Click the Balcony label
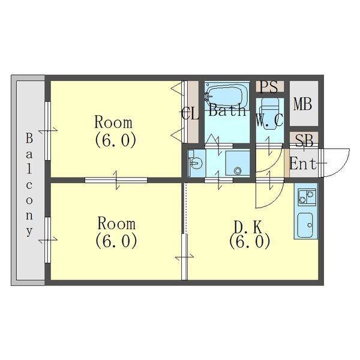click(x=29, y=185)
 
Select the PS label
click(x=269, y=87)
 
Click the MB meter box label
click(x=303, y=104)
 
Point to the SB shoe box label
click(x=304, y=141)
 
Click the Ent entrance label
click(x=302, y=164)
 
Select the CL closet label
click(x=190, y=114)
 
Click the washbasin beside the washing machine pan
click(x=196, y=163)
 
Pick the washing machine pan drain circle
click(x=238, y=170)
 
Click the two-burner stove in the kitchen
click(x=307, y=197)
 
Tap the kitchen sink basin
click(x=305, y=225)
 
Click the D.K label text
click(x=248, y=227)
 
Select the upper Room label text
click(x=113, y=122)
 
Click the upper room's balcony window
click(x=47, y=131)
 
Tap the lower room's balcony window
click(x=47, y=240)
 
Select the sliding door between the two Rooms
click(x=116, y=180)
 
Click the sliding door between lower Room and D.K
click(x=184, y=257)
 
